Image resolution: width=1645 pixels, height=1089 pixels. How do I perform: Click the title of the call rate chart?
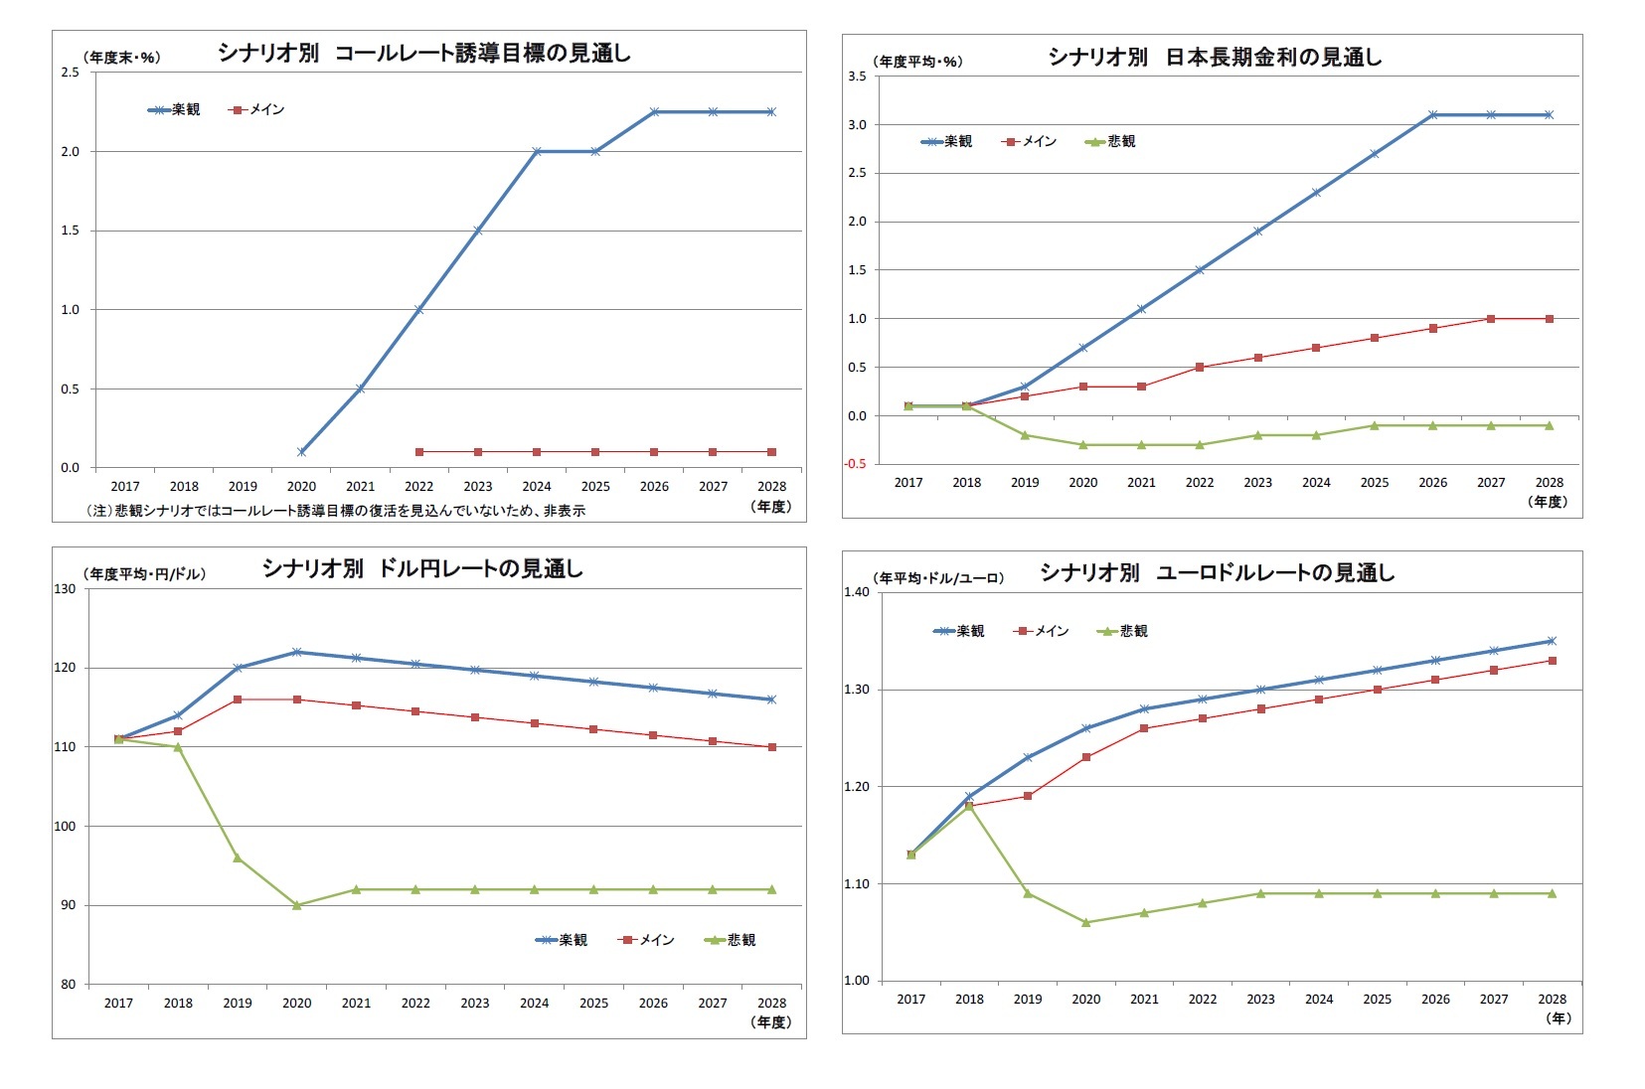424,54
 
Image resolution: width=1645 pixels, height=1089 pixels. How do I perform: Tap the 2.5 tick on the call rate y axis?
70,73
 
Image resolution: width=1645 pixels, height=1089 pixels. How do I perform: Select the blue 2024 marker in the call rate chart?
537,151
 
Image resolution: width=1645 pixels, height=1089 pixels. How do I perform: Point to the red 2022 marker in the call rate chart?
419,452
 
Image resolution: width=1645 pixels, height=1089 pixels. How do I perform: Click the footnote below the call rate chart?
335,511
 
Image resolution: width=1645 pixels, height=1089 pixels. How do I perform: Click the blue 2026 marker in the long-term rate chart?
1432,115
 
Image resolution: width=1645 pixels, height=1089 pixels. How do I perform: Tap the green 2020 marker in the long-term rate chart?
1083,445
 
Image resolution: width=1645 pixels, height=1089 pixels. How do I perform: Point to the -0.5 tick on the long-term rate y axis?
856,464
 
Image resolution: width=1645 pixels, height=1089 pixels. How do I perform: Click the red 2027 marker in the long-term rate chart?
1491,319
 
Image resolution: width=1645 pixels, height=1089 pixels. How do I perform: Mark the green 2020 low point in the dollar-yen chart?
297,905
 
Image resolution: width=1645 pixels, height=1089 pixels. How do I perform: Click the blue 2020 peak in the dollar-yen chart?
297,652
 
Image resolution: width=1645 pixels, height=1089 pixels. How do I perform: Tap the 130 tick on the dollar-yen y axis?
65,589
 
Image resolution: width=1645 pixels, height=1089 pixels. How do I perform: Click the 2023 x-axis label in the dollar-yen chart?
475,1004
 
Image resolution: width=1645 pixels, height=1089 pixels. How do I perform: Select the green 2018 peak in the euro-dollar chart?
969,806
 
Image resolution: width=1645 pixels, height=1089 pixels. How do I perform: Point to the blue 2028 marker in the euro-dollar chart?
1552,641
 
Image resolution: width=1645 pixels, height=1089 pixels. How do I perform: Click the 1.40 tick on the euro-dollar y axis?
856,592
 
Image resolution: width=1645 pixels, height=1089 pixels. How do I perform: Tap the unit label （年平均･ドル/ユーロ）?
938,578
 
